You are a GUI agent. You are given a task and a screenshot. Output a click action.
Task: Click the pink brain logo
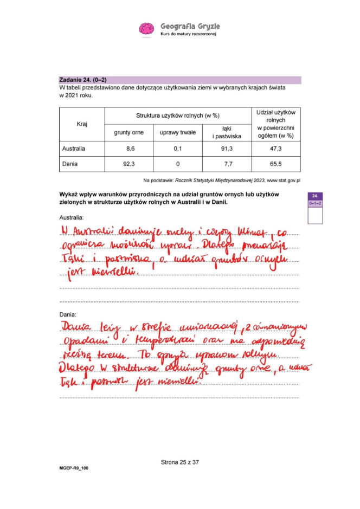click(146, 29)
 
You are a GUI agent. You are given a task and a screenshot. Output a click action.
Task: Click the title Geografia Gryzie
click(190, 26)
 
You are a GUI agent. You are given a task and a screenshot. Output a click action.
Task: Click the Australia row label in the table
click(74, 148)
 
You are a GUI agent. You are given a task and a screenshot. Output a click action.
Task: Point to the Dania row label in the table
click(70, 163)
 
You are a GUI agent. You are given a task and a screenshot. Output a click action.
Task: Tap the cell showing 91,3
click(227, 148)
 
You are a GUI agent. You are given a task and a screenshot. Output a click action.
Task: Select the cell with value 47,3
click(275, 148)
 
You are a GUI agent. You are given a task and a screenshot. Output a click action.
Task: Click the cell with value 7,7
click(227, 163)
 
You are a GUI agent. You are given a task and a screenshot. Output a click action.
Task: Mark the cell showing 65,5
click(275, 163)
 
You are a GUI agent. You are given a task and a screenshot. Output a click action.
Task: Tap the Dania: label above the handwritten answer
click(68, 314)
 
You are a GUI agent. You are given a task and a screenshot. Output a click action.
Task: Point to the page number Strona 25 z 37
click(180, 462)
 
